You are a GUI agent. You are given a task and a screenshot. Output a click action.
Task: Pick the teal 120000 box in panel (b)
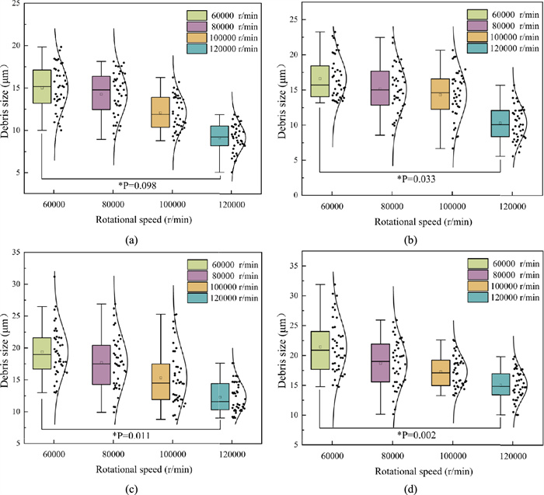pyautogui.click(x=500, y=123)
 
